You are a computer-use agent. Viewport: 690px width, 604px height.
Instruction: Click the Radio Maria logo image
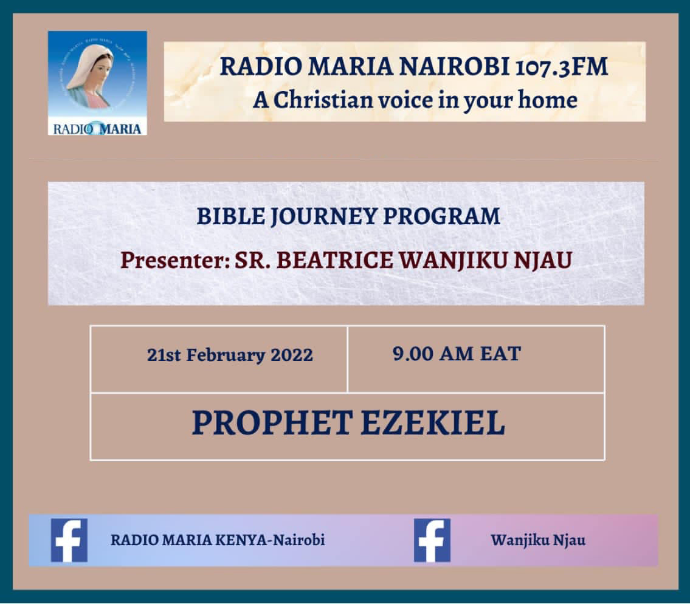97,83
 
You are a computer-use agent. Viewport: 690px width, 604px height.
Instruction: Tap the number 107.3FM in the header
561,66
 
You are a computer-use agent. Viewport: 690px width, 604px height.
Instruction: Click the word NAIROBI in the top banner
454,66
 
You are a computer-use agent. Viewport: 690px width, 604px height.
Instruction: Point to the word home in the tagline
547,100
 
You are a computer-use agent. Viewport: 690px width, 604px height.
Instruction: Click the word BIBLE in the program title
230,216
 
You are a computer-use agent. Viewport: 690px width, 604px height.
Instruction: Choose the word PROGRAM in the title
441,216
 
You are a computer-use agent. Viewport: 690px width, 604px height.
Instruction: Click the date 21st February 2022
230,355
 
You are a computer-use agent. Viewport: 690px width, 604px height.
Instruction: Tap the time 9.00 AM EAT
457,354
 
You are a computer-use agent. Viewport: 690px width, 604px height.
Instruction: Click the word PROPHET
272,423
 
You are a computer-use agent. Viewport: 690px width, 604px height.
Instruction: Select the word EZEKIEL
433,423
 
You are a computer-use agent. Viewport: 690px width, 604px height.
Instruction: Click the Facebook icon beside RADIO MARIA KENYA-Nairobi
69,540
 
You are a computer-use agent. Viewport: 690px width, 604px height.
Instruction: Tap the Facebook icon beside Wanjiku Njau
432,540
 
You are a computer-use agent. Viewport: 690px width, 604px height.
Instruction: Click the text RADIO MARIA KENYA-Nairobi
218,540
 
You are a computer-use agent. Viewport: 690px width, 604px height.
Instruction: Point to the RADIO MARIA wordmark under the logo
97,129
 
